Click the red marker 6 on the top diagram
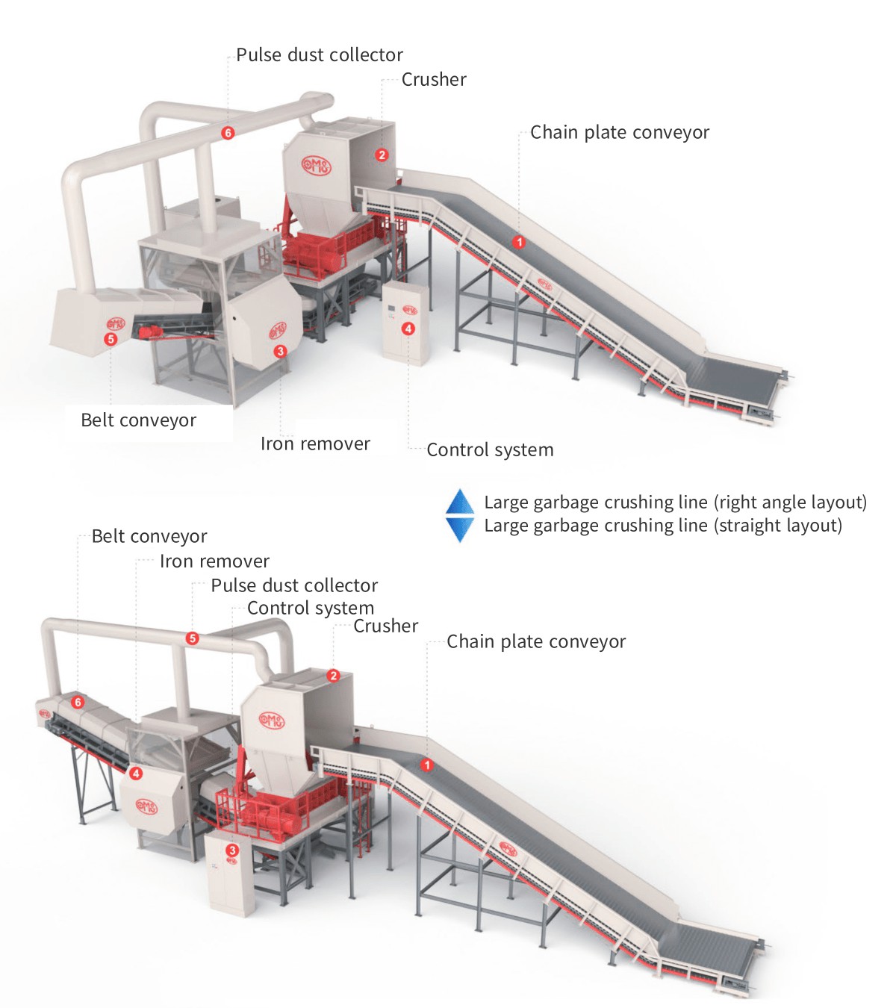click(228, 133)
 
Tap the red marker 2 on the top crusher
click(382, 155)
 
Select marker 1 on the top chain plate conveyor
click(519, 242)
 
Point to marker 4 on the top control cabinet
click(408, 329)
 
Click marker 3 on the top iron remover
click(280, 351)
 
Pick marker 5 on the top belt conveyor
click(111, 339)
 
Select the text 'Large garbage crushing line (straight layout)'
click(663, 526)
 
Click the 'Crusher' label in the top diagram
click(434, 80)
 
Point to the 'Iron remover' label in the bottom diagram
click(214, 561)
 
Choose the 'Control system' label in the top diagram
click(490, 449)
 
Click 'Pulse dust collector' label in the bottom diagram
click(294, 585)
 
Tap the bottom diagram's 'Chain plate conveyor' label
click(536, 642)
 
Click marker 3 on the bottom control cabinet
click(231, 850)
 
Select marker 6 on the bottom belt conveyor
click(77, 702)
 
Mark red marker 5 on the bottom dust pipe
click(193, 638)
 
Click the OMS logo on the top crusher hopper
click(316, 165)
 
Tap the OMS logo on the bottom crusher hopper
click(272, 721)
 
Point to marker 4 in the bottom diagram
click(135, 773)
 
